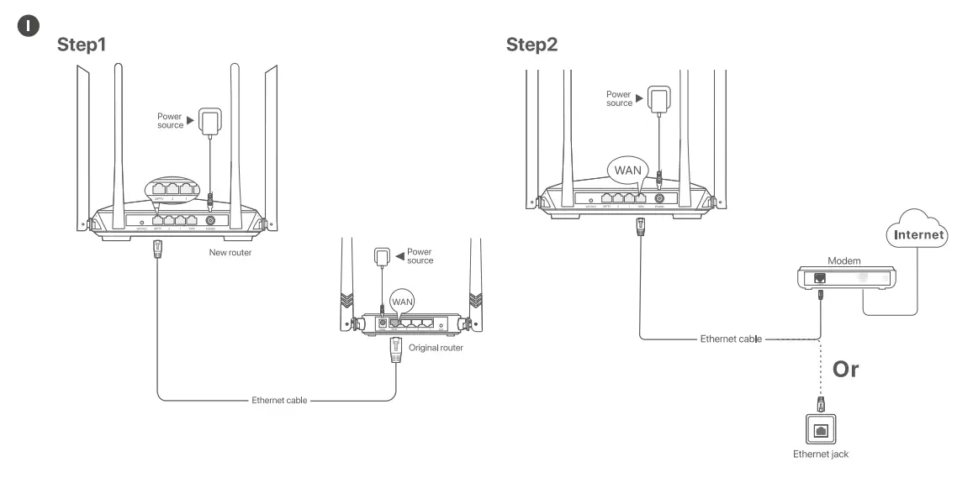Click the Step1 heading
coord(82,44)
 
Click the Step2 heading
coord(531,44)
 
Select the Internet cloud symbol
coord(917,234)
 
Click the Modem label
coord(844,262)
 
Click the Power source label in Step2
coord(620,98)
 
